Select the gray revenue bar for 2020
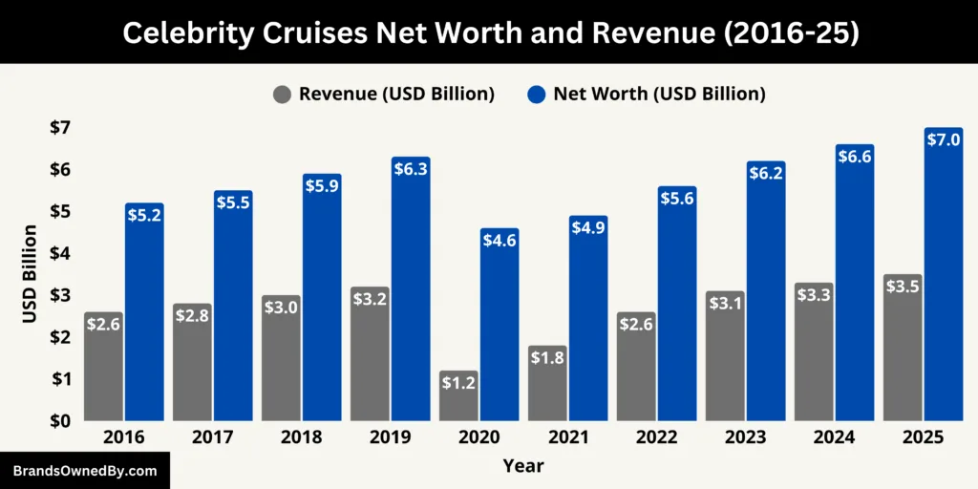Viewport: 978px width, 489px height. click(458, 395)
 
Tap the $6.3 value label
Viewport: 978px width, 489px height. click(411, 168)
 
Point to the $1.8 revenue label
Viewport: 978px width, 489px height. click(547, 357)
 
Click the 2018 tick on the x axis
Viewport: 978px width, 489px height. click(302, 436)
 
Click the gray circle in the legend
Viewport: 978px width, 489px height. click(282, 94)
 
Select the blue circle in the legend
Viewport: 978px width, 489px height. click(536, 94)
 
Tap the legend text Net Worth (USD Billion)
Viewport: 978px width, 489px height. click(659, 94)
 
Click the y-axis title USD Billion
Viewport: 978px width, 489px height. click(30, 274)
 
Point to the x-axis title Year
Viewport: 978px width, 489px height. click(523, 465)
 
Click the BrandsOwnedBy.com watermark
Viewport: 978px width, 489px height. click(85, 471)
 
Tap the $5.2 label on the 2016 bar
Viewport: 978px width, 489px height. click(144, 215)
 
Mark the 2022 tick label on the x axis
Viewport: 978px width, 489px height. click(657, 436)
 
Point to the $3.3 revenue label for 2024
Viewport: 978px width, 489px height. click(814, 294)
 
